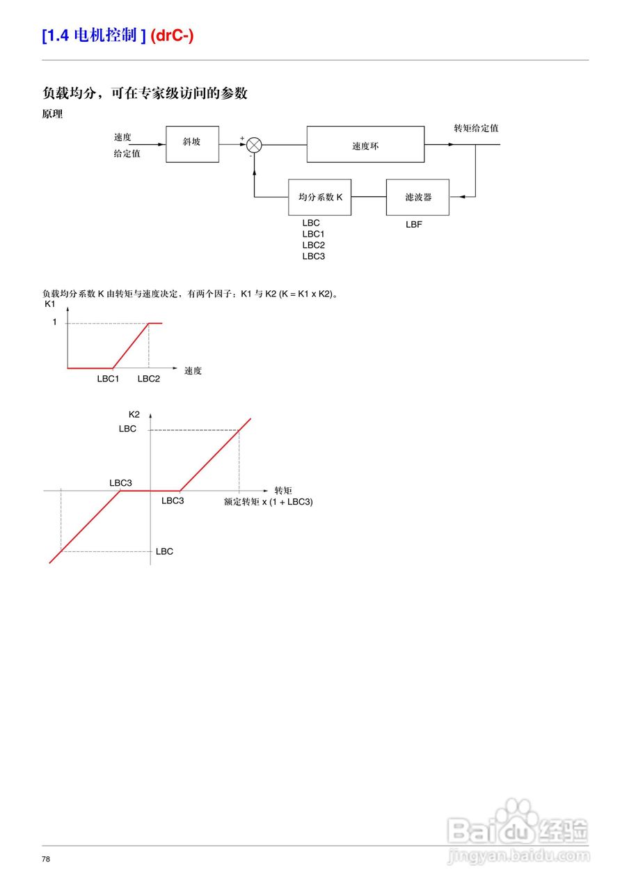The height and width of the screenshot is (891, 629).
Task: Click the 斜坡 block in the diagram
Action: click(x=192, y=144)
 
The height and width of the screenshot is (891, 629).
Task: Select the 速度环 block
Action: click(x=365, y=145)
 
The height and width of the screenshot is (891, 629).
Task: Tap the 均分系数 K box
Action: click(x=320, y=197)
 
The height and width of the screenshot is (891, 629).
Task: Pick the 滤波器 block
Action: click(x=417, y=197)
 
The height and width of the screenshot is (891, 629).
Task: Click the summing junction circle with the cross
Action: click(x=255, y=145)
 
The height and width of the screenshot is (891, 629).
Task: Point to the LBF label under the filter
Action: click(x=414, y=225)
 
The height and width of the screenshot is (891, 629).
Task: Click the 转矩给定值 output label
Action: click(x=476, y=128)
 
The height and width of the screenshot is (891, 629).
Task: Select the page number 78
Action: click(x=46, y=859)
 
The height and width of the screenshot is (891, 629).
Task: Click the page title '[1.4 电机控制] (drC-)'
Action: click(x=118, y=36)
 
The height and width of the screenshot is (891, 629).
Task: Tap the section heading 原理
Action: click(x=52, y=114)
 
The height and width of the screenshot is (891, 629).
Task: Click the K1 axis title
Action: click(x=49, y=304)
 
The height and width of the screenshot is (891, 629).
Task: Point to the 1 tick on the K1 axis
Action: click(x=55, y=323)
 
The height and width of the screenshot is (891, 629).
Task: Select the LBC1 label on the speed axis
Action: click(x=109, y=379)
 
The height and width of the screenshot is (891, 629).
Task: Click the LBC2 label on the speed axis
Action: click(x=149, y=379)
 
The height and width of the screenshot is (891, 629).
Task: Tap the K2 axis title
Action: click(x=134, y=414)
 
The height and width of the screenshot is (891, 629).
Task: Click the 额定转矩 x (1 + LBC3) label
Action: click(x=268, y=501)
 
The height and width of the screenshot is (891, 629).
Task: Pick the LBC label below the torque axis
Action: click(x=164, y=551)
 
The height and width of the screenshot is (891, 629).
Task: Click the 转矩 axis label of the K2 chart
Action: click(x=283, y=490)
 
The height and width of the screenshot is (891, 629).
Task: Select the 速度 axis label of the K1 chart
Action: click(x=193, y=370)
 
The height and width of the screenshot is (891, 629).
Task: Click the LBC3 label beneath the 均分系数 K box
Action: click(x=313, y=256)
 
